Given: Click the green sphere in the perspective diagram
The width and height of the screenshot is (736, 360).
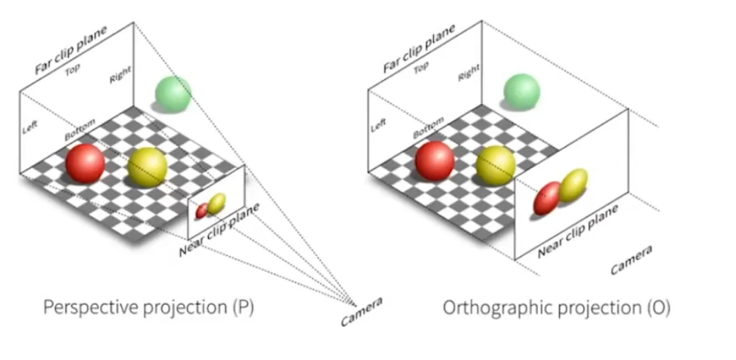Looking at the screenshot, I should pos(173,93).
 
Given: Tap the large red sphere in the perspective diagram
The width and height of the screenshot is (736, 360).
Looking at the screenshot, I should pos(84,163).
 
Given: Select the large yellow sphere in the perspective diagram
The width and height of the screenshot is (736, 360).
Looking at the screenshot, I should pos(147,166).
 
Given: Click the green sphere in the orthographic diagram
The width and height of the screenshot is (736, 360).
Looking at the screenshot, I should pos(521,91).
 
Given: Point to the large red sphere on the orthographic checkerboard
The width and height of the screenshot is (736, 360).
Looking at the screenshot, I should pos(435,160).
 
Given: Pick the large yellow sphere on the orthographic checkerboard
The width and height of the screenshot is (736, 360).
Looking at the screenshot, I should pos(495,165).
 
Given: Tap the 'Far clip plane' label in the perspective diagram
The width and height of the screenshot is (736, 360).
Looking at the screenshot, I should pos(72,50).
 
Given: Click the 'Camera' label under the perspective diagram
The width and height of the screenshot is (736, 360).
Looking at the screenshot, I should pos(362,311).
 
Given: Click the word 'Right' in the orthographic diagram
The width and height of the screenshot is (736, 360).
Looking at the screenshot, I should pos(469,72).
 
